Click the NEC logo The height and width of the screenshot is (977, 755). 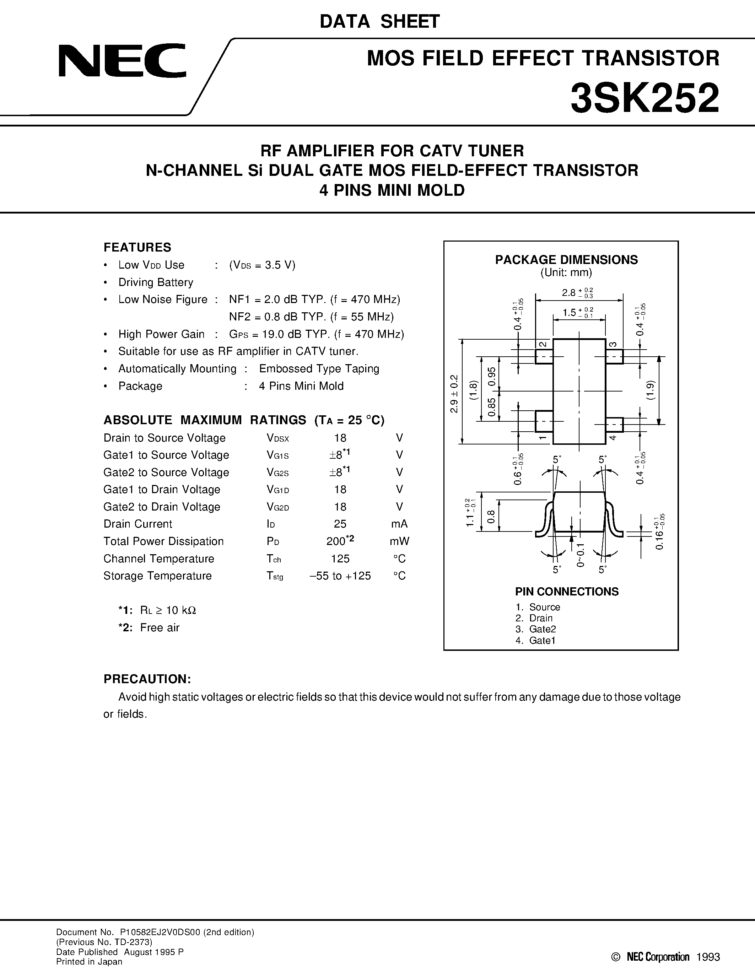coord(122,60)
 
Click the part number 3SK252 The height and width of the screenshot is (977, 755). coord(645,98)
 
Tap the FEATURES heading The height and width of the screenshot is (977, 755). coord(137,247)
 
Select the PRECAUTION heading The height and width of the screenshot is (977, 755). coord(147,679)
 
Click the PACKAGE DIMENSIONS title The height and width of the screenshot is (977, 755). coord(566,260)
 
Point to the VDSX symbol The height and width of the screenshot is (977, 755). coord(278,438)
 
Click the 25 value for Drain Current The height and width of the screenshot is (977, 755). coord(340,524)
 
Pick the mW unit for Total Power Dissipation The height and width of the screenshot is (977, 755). coord(399,541)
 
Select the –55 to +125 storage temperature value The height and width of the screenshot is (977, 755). coord(340,576)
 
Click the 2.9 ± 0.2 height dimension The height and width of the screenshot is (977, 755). coord(454,394)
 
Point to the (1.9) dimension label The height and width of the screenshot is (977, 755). coord(650,390)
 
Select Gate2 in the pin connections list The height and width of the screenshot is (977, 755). coord(542,629)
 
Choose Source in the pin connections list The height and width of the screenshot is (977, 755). coord(544,607)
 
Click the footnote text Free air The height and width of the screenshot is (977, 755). coord(160,628)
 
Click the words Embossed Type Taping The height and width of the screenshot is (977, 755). coord(319,369)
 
